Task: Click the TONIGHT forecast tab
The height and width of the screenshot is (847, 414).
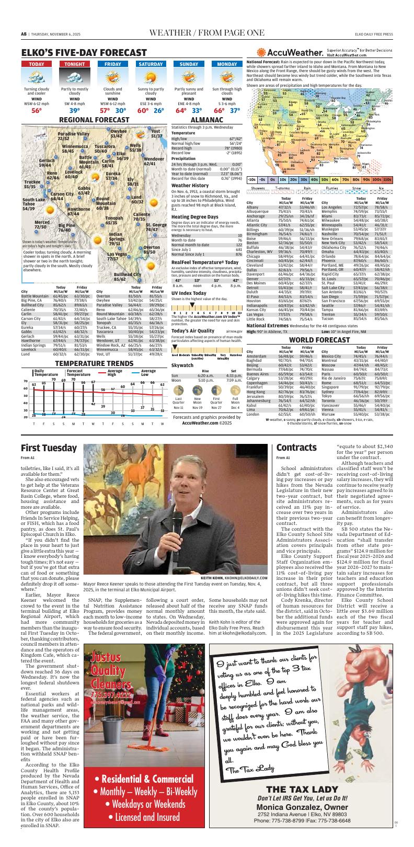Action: pyautogui.click(x=75, y=64)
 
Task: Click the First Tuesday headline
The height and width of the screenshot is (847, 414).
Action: pyautogui.click(x=49, y=448)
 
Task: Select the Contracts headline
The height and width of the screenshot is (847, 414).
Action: pyautogui.click(x=296, y=448)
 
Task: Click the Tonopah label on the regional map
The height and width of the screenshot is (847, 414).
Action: pyautogui.click(x=114, y=220)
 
